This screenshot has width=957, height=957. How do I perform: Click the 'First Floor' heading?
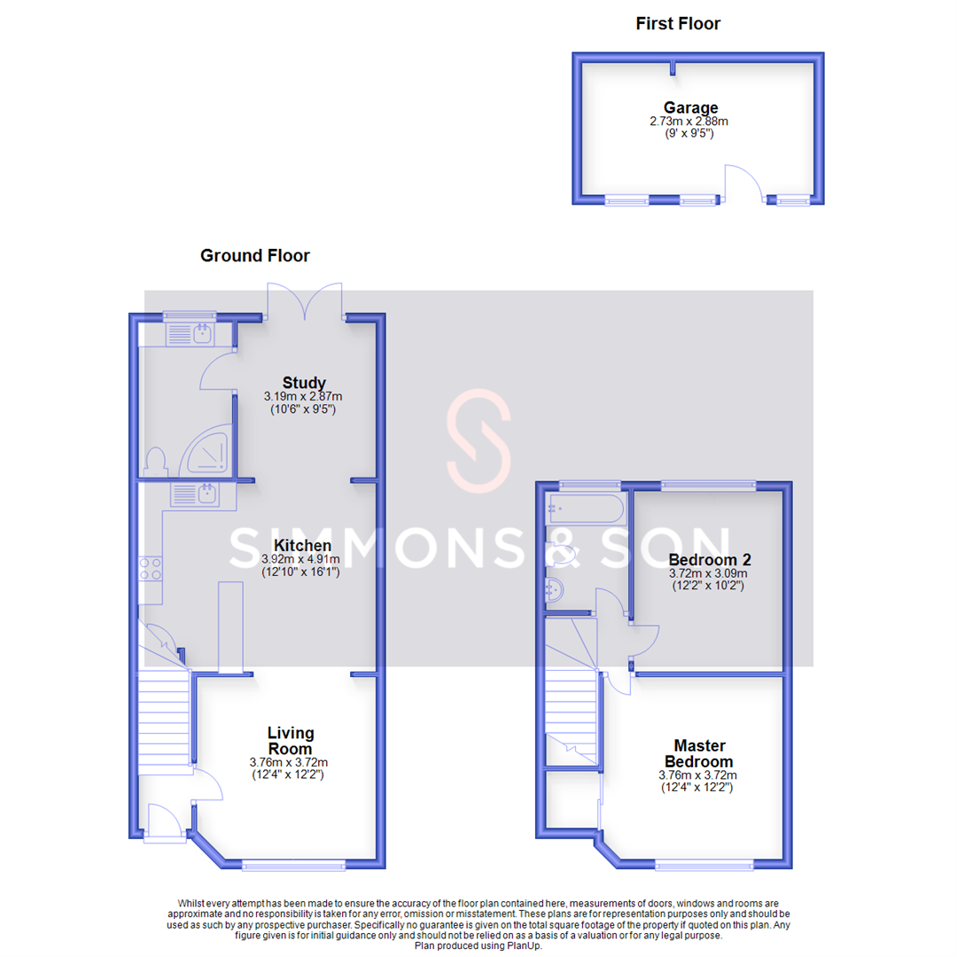[678, 24]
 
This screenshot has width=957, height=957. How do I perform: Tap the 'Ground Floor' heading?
[255, 256]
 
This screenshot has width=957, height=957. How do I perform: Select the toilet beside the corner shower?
[156, 463]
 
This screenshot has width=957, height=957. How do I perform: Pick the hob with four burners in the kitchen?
[150, 568]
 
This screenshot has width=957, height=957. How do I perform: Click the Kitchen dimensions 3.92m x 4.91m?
[301, 560]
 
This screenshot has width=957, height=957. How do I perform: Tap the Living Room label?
[291, 741]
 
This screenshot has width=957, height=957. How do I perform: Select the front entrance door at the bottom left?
[160, 820]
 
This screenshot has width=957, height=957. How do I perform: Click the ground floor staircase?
[164, 718]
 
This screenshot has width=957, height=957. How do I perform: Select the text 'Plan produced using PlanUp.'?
[478, 945]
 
